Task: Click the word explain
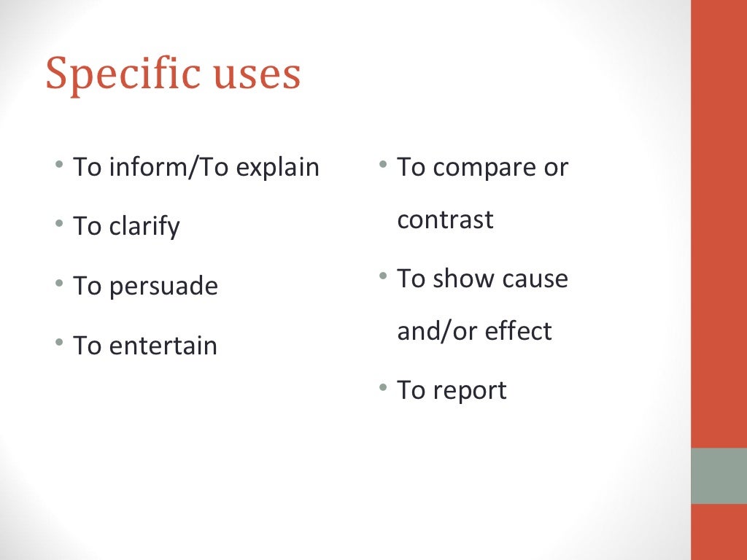pyautogui.click(x=278, y=168)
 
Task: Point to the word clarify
pyautogui.click(x=144, y=227)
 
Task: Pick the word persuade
pyautogui.click(x=163, y=286)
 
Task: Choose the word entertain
pyautogui.click(x=163, y=345)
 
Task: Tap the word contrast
pyautogui.click(x=445, y=219)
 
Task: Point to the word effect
pyautogui.click(x=519, y=331)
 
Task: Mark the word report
pyautogui.click(x=469, y=390)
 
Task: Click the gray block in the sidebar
pyautogui.click(x=719, y=475)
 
